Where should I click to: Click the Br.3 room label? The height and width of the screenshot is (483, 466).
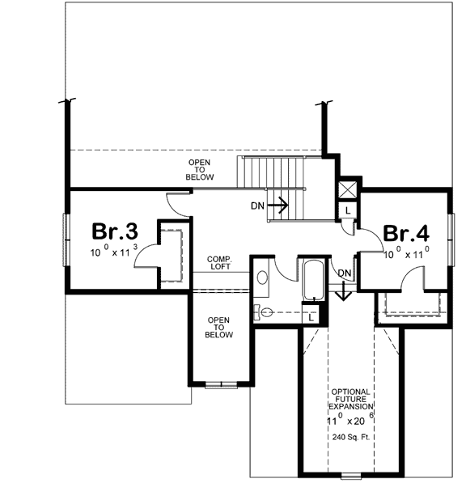pos(114,232)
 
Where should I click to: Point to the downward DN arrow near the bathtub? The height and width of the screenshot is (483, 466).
pos(342,288)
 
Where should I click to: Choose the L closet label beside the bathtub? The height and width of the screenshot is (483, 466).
pos(311,317)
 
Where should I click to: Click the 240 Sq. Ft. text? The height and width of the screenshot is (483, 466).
pos(352,438)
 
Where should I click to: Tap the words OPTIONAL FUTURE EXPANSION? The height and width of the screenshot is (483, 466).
pos(352,400)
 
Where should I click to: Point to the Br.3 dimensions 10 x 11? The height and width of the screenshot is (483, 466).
pos(114,252)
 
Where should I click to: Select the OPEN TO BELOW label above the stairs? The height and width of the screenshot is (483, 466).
pos(199,169)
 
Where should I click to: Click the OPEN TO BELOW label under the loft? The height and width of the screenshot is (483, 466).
pos(219,327)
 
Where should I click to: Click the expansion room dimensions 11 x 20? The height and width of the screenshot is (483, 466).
pos(350,421)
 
